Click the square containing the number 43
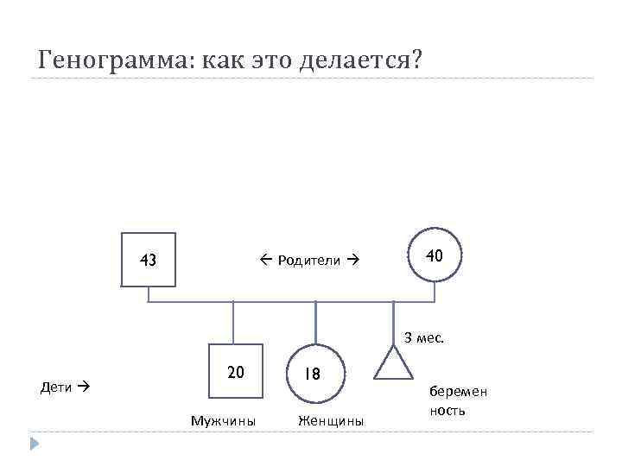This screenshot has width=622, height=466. coord(149,259)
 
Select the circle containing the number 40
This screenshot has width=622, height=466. coord(435,255)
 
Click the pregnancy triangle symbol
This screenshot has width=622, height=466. coord(393,365)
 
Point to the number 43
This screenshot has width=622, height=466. coord(149,260)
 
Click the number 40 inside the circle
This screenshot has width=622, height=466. coord(435,255)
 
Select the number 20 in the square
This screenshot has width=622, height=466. coord(236,373)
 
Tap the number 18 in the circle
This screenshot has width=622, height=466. coord(312,375)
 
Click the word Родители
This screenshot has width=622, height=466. coord(308,261)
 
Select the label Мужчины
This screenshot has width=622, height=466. coord(223,421)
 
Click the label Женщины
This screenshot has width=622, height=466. coord(331,421)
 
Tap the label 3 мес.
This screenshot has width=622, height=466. coord(424,337)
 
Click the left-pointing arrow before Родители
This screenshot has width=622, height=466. coord(264,260)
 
